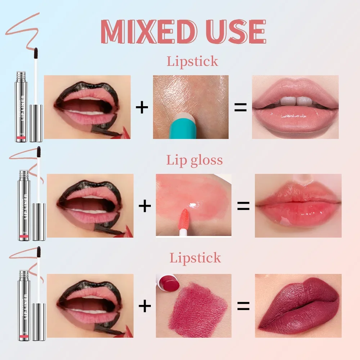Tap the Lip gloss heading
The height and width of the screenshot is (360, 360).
click(x=194, y=160)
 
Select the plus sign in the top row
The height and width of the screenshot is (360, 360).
click(x=142, y=108)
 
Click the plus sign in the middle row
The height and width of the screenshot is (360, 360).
click(x=145, y=206)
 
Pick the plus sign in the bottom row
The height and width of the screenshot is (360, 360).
click(x=145, y=306)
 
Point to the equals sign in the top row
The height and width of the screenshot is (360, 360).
click(x=240, y=107)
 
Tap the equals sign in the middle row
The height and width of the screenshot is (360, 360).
click(x=243, y=206)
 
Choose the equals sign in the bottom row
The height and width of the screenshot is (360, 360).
click(x=243, y=306)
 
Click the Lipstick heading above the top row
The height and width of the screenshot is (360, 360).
click(x=192, y=61)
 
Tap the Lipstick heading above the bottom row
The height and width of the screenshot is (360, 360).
click(x=195, y=258)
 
